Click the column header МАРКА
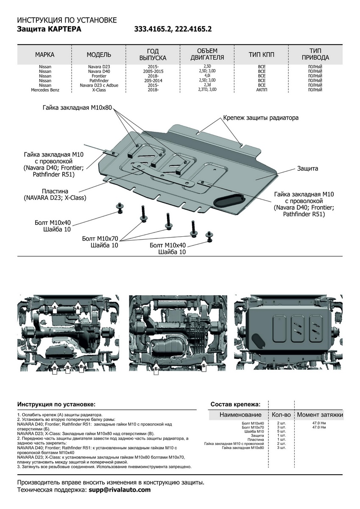(x=45, y=55)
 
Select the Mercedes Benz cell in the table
(x=45, y=90)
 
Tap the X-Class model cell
(x=99, y=90)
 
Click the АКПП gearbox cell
(x=262, y=90)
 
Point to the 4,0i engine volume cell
(x=207, y=76)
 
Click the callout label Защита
(x=307, y=168)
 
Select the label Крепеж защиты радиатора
(x=261, y=117)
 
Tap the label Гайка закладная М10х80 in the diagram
(x=77, y=108)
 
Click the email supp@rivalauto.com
(x=119, y=490)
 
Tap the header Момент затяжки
(x=320, y=414)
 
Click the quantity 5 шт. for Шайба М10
(x=281, y=431)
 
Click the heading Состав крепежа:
(x=235, y=404)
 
